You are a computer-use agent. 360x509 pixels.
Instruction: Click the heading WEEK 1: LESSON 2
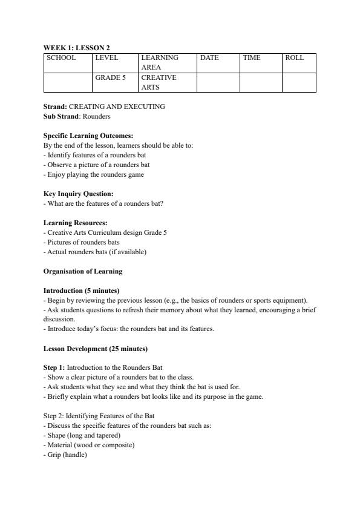coord(76,47)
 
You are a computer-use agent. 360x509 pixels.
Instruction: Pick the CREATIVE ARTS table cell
coord(159,82)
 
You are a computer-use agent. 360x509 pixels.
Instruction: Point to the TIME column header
coord(252,58)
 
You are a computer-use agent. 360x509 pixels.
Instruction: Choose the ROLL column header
coord(295,58)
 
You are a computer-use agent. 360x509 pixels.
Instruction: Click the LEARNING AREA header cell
coord(160,62)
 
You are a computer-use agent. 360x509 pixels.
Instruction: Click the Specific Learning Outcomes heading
coord(88,136)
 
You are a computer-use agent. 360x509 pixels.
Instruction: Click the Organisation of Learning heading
coord(83,271)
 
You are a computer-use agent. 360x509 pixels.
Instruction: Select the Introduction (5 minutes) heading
coord(82,291)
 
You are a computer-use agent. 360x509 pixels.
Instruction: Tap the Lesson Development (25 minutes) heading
coord(96,349)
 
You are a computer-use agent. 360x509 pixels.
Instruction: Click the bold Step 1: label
coord(54,367)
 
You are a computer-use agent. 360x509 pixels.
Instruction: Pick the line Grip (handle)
coord(66,455)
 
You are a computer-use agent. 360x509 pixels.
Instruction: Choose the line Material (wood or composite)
coord(90,445)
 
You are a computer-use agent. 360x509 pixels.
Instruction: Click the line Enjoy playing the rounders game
coord(94,174)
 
